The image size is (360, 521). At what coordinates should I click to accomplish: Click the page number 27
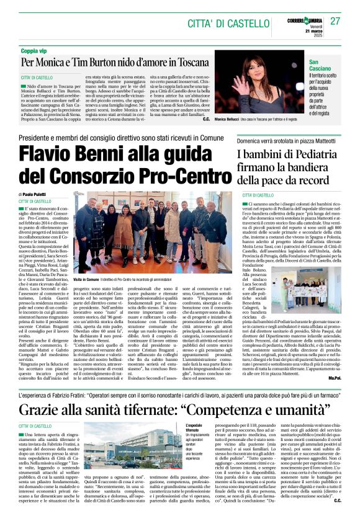point(335,21)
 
